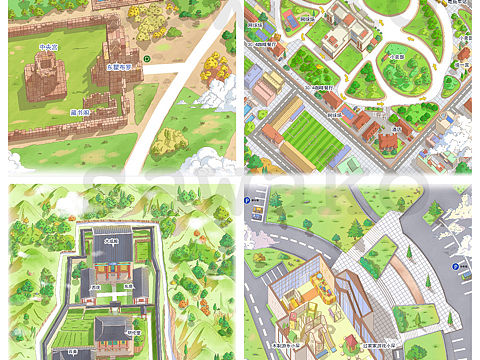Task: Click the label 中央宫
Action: tap(48, 46)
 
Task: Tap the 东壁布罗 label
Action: tap(120, 66)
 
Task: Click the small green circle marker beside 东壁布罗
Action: tap(147, 59)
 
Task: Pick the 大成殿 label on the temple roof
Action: tap(111, 240)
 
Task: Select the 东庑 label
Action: tap(128, 287)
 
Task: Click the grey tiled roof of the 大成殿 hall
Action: tap(113, 252)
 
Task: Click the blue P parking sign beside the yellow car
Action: tap(455, 267)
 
